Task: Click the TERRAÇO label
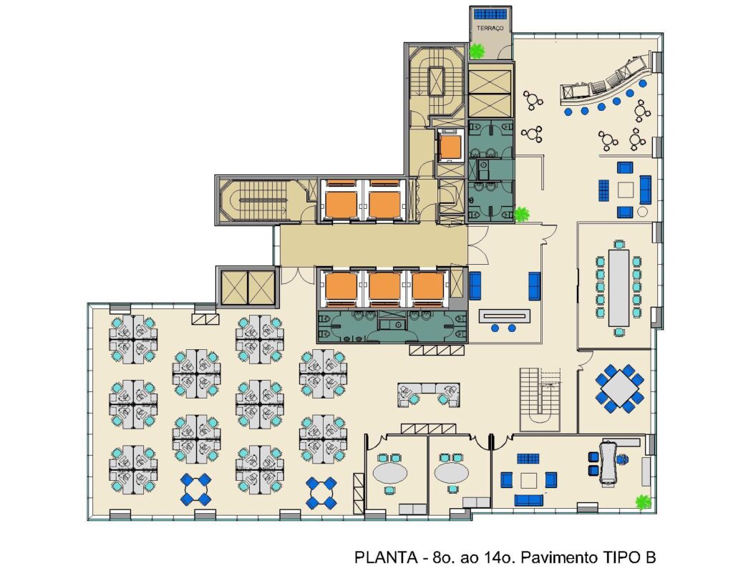tap(490, 28)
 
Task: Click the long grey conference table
tap(619, 288)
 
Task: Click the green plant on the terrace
tap(477, 51)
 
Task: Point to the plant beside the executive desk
tap(644, 502)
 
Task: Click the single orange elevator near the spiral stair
tap(450, 147)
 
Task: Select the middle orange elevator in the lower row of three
tap(384, 286)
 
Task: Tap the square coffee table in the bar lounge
tap(626, 190)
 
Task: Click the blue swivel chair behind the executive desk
tap(621, 459)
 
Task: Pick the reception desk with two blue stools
tap(505, 316)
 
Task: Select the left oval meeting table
tap(390, 473)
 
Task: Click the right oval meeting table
tap(452, 473)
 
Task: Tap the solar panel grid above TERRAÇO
tap(490, 14)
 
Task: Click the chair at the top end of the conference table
tap(619, 244)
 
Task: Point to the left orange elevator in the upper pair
tap(341, 204)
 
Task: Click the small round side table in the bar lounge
tap(642, 212)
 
